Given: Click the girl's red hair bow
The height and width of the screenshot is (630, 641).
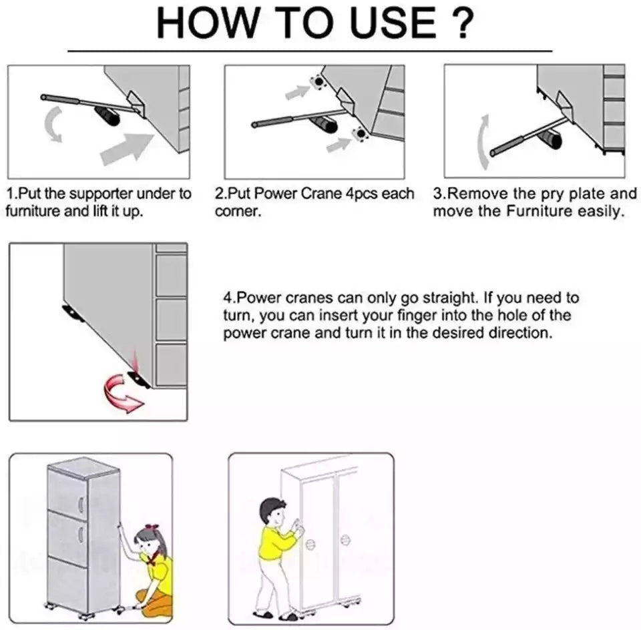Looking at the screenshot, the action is pos(152,527).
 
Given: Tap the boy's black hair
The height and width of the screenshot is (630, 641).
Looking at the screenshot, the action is pos(271,509).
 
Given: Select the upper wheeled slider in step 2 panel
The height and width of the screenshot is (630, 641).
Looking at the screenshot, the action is pos(317,82).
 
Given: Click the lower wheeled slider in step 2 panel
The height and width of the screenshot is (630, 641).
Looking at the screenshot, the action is pos(360,134).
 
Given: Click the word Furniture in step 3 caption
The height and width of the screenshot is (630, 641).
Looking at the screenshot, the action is pos(540,212).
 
